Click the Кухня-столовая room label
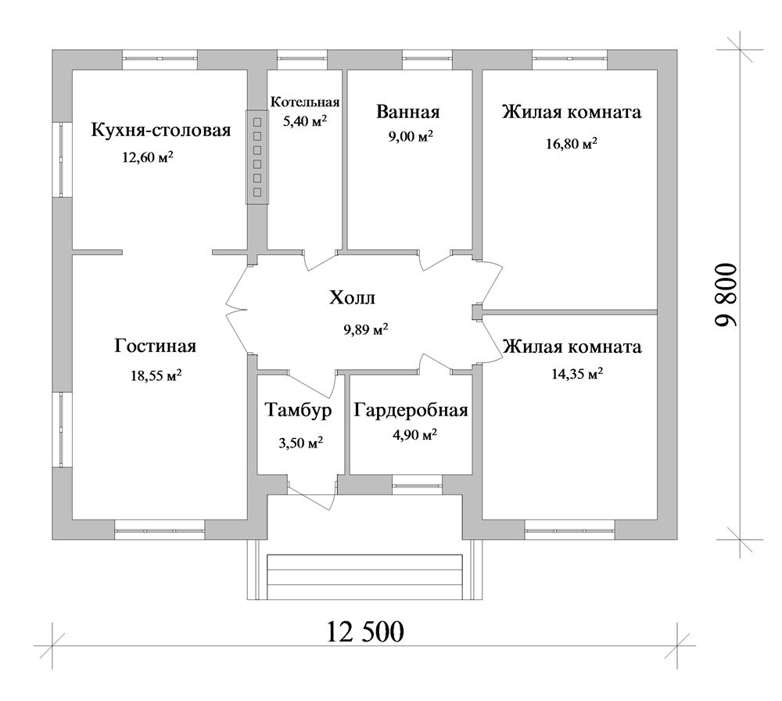[160, 130]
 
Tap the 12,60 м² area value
[148, 158]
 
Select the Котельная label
[305, 102]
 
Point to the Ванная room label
[408, 112]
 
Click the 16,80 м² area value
[572, 144]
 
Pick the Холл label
[352, 298]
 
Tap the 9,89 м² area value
[365, 330]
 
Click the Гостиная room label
[155, 346]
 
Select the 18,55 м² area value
[156, 376]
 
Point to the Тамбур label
[298, 410]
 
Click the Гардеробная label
[411, 411]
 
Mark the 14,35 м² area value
[577, 374]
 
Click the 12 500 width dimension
[365, 631]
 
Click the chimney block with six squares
[257, 156]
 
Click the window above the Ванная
[428, 59]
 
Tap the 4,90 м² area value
[415, 436]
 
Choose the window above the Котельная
[302, 59]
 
